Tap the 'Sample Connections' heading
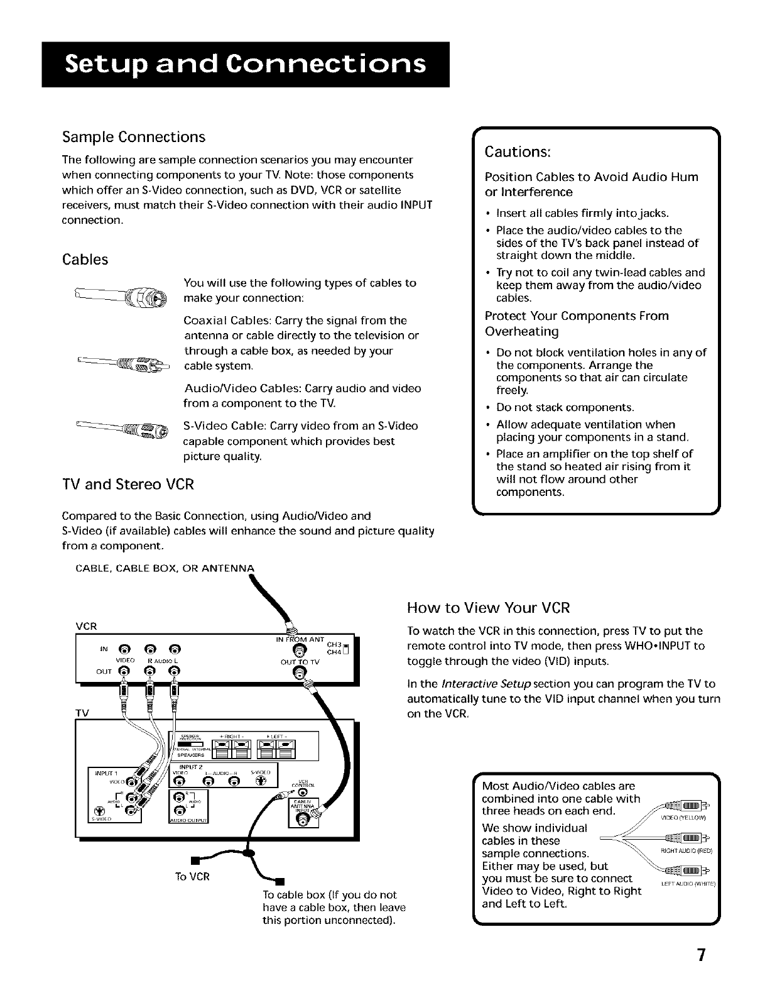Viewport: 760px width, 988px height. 133,137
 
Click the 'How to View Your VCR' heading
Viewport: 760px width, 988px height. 488,608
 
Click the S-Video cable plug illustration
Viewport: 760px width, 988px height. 154,432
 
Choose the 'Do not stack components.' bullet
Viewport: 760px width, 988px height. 565,407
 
